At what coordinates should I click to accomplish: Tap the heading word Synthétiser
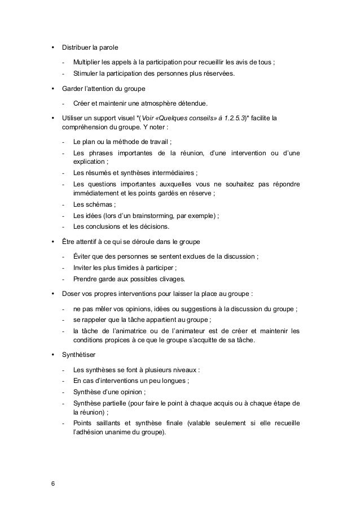(78, 355)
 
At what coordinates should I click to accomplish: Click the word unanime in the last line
(112, 433)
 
